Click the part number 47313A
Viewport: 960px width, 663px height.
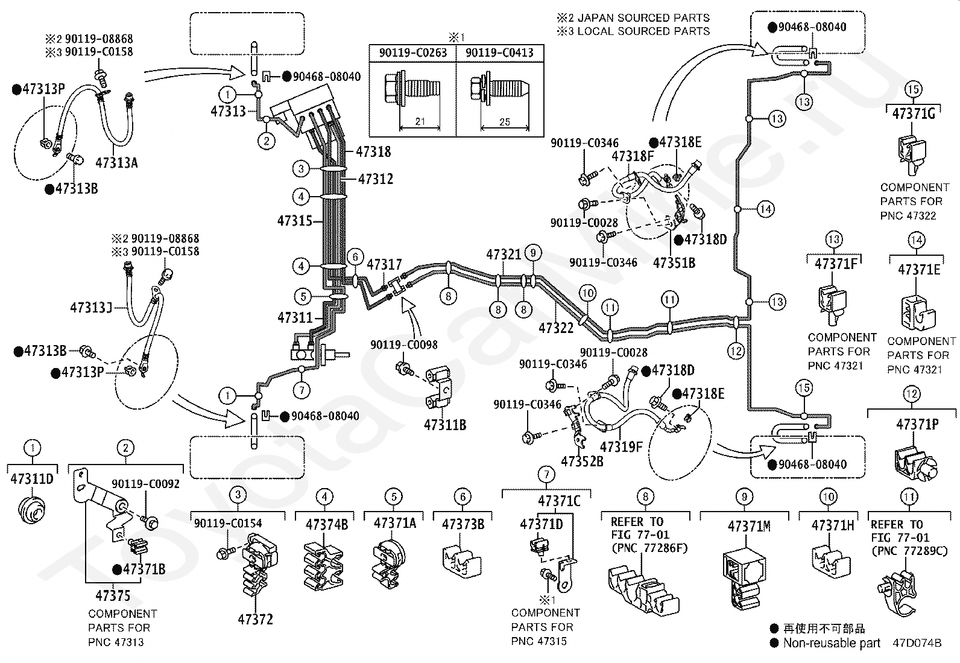(x=116, y=163)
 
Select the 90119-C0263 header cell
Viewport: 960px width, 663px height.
(x=412, y=52)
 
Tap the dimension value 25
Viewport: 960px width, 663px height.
(x=505, y=122)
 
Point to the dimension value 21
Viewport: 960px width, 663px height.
(x=420, y=121)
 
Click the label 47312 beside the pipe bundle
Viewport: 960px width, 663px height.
(x=376, y=179)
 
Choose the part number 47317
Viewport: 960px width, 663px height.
(x=385, y=265)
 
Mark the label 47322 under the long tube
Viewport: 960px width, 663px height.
(x=556, y=328)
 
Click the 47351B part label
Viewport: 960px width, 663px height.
(x=674, y=263)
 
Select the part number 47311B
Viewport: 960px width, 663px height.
(x=445, y=425)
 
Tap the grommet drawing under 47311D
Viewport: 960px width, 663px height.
(x=32, y=510)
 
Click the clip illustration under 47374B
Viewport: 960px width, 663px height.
(x=324, y=566)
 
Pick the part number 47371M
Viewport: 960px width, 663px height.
(x=749, y=526)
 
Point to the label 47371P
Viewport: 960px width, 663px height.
(x=917, y=424)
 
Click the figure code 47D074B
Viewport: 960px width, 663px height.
(x=917, y=643)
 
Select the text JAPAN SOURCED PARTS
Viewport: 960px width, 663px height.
(x=643, y=18)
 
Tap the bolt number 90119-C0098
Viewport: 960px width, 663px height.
(x=403, y=345)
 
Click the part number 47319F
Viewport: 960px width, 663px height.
(x=621, y=447)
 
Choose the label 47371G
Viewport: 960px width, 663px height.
(x=914, y=113)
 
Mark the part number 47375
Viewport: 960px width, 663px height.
(x=113, y=595)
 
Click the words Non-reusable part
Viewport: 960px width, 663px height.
(x=832, y=643)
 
